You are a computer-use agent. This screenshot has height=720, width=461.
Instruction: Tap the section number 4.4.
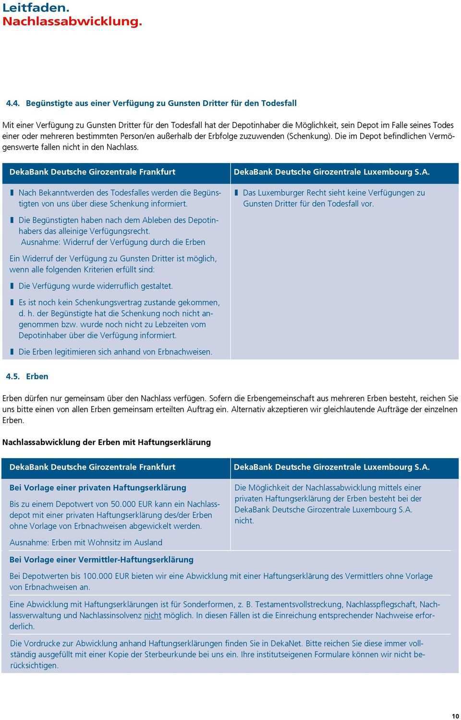(12, 103)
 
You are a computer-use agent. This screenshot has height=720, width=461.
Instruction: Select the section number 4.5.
(12, 377)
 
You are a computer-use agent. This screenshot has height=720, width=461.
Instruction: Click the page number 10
(455, 716)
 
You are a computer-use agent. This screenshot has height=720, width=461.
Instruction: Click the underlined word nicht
(152, 615)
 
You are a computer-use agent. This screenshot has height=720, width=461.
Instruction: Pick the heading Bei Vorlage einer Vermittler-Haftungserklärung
(101, 560)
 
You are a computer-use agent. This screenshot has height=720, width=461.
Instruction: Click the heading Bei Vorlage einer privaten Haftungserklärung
(97, 488)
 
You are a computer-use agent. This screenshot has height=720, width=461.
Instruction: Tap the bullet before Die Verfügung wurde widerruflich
(12, 286)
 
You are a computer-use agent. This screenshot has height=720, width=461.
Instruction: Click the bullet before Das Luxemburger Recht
(236, 193)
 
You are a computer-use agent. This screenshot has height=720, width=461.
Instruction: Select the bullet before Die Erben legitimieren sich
(12, 352)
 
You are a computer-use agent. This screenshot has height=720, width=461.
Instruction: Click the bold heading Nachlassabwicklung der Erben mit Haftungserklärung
(106, 442)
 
